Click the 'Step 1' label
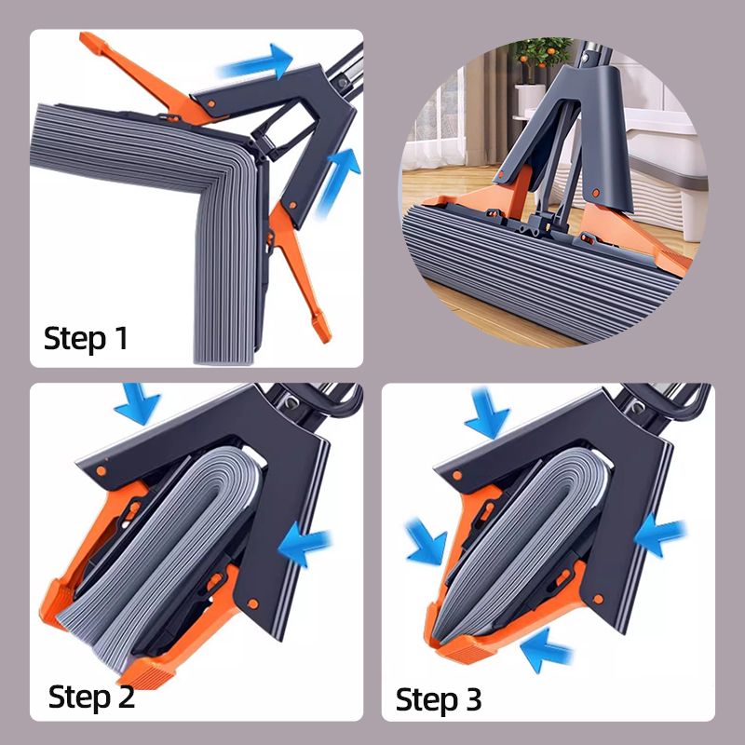tap(86, 338)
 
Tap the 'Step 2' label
tap(91, 697)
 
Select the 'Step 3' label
tap(439, 699)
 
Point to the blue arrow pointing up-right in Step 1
tap(338, 183)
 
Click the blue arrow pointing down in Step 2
tap(137, 403)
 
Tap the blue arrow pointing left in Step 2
tap(305, 544)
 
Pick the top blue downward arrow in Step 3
tap(487, 413)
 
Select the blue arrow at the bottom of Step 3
tap(546, 650)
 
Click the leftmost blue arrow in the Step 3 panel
tap(427, 542)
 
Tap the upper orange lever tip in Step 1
tap(90, 42)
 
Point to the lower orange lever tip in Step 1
tap(321, 328)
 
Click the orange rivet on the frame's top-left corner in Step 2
tap(101, 471)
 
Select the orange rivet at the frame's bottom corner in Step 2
tap(253, 604)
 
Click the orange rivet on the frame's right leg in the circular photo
tap(596, 193)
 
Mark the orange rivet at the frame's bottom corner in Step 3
tap(598, 599)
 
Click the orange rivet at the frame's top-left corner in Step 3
tap(457, 475)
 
